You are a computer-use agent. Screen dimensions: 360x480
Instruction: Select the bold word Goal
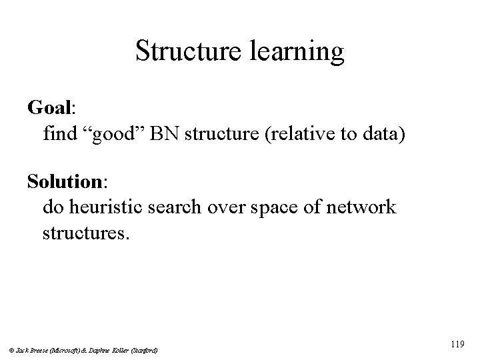click(51, 107)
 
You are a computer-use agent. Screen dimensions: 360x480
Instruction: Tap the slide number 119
click(457, 344)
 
